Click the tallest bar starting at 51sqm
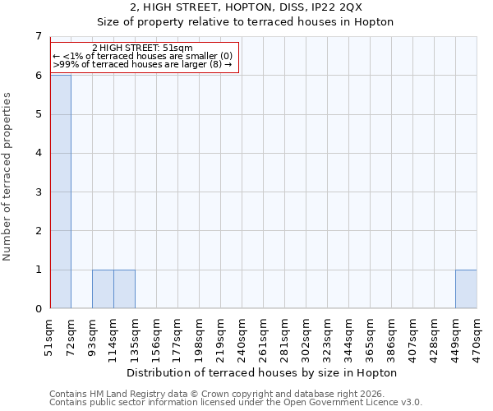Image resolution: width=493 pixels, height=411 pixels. coord(61,192)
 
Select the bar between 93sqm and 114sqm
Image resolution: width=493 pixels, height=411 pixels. coord(103,289)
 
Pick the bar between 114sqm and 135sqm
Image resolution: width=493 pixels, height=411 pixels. coord(124,289)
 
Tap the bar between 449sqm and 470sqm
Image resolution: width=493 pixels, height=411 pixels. coord(466,289)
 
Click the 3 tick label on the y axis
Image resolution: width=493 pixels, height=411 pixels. coord(38,192)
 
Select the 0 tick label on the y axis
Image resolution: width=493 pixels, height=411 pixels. coord(38,309)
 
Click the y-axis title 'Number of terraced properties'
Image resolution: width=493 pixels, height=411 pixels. coord(7,177)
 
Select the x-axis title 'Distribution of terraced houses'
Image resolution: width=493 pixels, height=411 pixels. coord(262,372)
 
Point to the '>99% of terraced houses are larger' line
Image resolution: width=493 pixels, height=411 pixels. coord(142,64)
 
